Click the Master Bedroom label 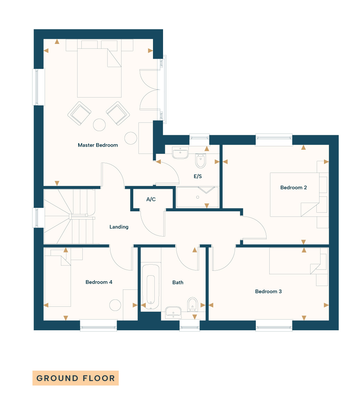coord(98,145)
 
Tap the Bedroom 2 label coord(294,187)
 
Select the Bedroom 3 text coord(268,291)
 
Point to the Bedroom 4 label coord(99,282)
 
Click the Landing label coord(119,227)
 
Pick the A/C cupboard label coord(151,199)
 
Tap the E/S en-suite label coord(198,176)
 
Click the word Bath coord(178,283)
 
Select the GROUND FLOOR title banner coord(75,378)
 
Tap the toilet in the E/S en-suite coord(201,160)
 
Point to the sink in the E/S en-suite coord(180,153)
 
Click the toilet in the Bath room coord(192,304)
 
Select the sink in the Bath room coord(173,312)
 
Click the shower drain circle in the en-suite coord(198,197)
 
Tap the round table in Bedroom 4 coord(115,305)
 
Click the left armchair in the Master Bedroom coord(79,113)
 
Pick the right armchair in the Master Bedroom coord(118,113)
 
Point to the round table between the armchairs coord(99,125)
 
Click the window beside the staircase coord(38,218)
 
